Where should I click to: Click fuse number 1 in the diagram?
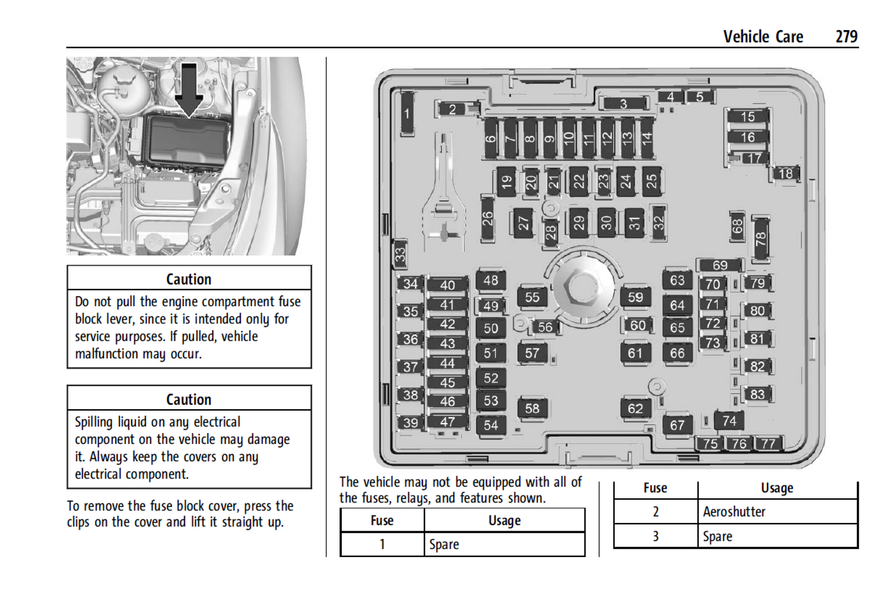pos(407,114)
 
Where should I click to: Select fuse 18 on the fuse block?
pos(785,173)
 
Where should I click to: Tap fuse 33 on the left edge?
pos(400,254)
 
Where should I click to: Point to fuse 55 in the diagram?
pos(532,298)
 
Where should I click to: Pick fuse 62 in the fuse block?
pos(635,408)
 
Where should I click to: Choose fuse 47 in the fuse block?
pos(447,422)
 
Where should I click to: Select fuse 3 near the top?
pos(623,104)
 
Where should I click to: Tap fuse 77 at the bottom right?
pos(768,444)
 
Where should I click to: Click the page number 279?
pos(846,37)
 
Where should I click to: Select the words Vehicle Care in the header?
pos(763,37)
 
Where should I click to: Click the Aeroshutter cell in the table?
pos(734,512)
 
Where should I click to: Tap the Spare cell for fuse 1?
pos(444,544)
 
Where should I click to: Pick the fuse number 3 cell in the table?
pos(655,536)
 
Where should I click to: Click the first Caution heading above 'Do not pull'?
pos(188,279)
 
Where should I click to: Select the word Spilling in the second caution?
pos(94,422)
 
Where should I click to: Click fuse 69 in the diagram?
pos(720,265)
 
